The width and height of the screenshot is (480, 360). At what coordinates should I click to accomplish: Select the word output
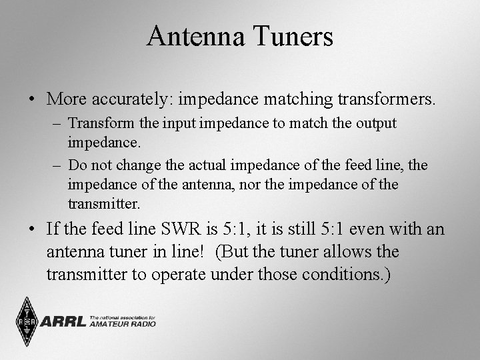pyautogui.click(x=377, y=124)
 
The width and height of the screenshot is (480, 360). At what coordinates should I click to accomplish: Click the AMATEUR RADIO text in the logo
pyautogui.click(x=123, y=324)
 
